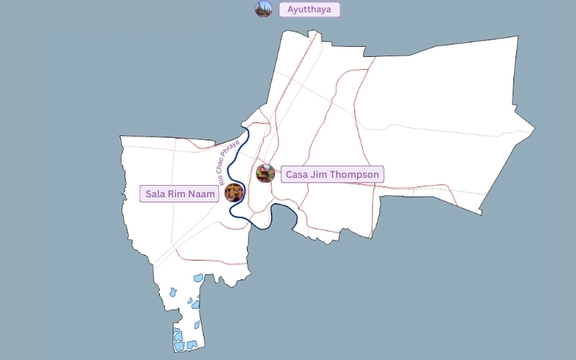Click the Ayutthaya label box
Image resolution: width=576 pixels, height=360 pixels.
[310, 9]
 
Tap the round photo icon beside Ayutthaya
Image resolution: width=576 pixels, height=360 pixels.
[264, 9]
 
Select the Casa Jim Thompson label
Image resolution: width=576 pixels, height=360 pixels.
[332, 174]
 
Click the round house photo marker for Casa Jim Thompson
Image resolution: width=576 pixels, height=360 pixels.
[265, 173]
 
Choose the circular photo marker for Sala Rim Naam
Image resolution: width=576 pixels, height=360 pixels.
[233, 192]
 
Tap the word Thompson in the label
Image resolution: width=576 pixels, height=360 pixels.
[356, 174]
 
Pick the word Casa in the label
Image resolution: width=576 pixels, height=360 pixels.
[298, 174]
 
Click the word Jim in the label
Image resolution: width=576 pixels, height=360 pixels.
[321, 174]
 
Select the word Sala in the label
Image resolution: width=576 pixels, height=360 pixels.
[156, 194]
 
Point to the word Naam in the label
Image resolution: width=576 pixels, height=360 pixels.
[199, 194]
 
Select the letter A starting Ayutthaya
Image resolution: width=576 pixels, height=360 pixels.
[291, 9]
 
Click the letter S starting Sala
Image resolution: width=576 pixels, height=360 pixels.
[149, 194]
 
